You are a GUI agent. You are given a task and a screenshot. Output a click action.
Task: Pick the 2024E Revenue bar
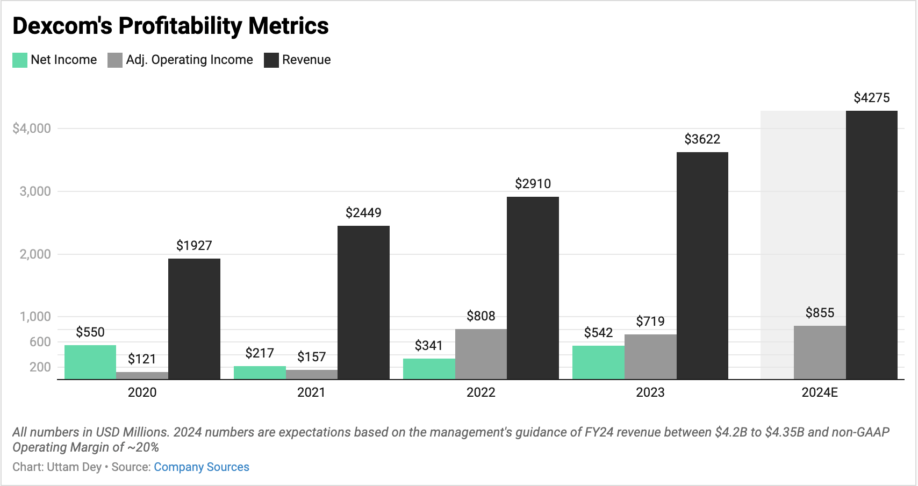point(871,245)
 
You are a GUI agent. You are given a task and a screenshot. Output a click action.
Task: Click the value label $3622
point(702,139)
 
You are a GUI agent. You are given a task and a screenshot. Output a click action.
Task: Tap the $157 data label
point(312,357)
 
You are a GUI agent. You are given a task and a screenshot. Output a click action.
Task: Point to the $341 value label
point(428,346)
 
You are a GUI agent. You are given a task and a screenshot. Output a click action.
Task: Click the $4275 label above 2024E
point(871,98)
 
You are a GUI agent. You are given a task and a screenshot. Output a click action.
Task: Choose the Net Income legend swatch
point(20,60)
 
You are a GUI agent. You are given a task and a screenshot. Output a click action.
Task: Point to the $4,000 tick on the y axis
point(32,128)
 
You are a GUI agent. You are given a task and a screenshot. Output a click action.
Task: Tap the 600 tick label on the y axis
point(40,342)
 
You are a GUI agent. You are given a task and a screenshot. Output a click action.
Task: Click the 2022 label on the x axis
point(480,392)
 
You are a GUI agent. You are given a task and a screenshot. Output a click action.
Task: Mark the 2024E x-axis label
point(819,392)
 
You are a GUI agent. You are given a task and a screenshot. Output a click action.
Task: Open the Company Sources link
point(201,467)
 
